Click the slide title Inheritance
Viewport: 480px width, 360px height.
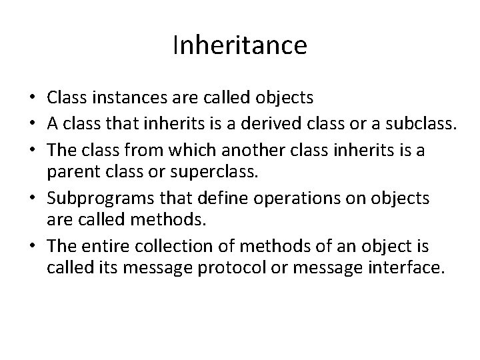pyautogui.click(x=240, y=45)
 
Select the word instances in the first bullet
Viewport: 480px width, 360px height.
pyautogui.click(x=117, y=98)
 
